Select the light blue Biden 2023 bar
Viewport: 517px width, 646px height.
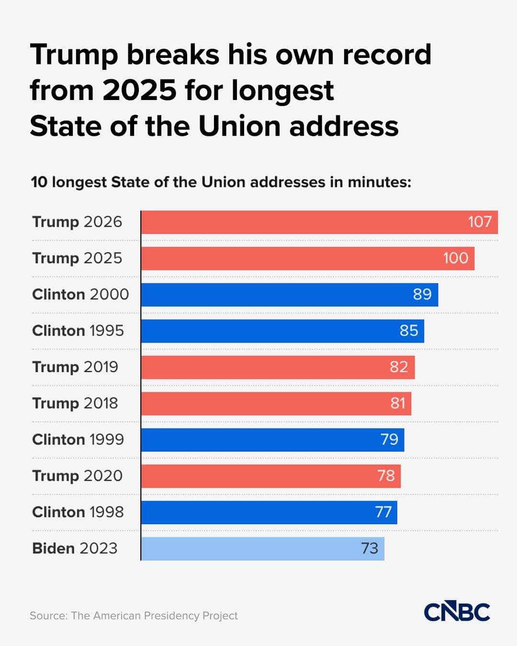(x=249, y=548)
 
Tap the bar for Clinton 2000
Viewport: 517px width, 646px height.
(x=278, y=294)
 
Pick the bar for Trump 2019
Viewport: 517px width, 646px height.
(x=268, y=367)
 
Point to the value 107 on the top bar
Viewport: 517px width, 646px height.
(x=480, y=222)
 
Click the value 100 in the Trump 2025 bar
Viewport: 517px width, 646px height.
(x=455, y=258)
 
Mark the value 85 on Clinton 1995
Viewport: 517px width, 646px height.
(x=409, y=331)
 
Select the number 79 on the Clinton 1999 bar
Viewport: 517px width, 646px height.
(x=389, y=439)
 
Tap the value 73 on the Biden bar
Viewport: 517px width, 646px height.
(x=370, y=548)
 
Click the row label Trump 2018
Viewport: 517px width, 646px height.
(x=75, y=403)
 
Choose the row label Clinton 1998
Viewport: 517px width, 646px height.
(x=78, y=512)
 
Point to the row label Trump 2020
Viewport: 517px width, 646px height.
(x=78, y=476)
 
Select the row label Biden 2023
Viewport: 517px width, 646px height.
(x=75, y=548)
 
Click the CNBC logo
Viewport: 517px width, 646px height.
(x=457, y=612)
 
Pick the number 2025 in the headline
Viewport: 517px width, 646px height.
(x=140, y=90)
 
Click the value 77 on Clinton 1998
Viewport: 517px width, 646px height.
(x=383, y=512)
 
